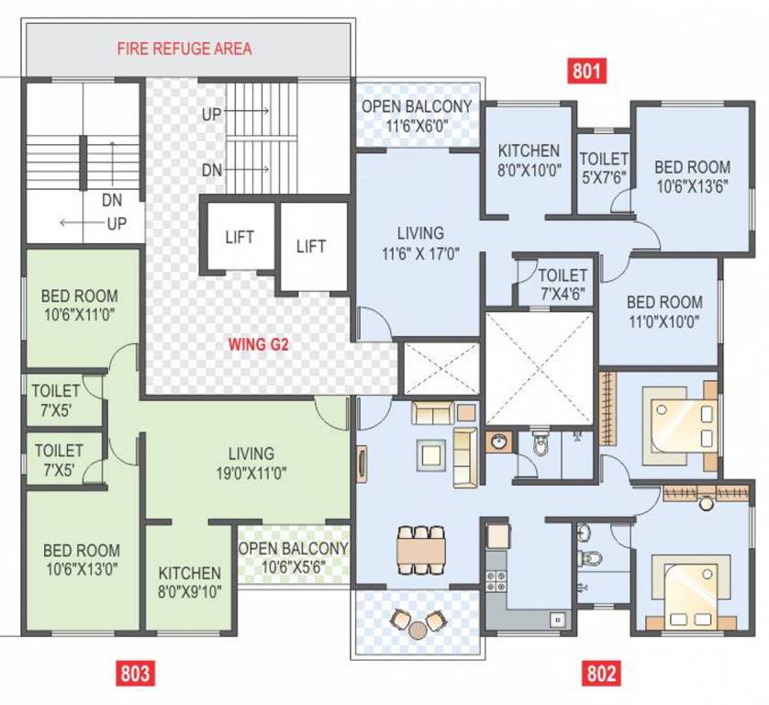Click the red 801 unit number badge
[x=587, y=71]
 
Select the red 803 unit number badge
[x=134, y=674]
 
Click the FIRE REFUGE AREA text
[x=184, y=48]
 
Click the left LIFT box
[x=239, y=236]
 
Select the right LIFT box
[x=312, y=246]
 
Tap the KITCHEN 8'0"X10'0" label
[x=529, y=160]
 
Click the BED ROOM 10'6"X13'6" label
[x=692, y=176]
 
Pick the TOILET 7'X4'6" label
[x=563, y=284]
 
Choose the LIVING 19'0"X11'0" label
[x=251, y=463]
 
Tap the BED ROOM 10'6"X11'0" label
[x=80, y=306]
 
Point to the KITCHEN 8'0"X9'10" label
[x=189, y=582]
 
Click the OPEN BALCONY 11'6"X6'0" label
[x=416, y=116]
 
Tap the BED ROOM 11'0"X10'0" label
[x=663, y=311]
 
